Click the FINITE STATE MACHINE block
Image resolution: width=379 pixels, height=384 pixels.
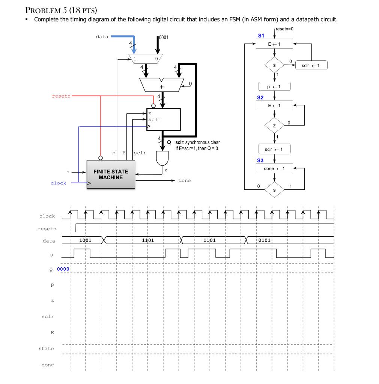(x=111, y=174)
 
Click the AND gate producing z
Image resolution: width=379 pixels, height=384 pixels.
(x=163, y=159)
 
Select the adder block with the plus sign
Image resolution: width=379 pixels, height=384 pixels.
(x=162, y=85)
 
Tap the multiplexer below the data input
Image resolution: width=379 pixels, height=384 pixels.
(x=146, y=58)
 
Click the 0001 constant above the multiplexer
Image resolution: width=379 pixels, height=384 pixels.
(x=164, y=37)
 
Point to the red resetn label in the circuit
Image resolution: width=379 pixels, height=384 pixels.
(x=61, y=96)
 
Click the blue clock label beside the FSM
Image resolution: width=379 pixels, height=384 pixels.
(x=58, y=183)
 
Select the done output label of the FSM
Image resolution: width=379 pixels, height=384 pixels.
(x=185, y=181)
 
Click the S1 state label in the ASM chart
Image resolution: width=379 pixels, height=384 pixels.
(x=261, y=36)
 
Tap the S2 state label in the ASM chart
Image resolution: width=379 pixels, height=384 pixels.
(x=260, y=97)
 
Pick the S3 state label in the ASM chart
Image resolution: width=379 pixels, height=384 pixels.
(x=260, y=160)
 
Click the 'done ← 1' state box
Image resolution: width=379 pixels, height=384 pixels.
(x=274, y=169)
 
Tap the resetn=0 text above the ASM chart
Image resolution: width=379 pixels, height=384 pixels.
(x=285, y=29)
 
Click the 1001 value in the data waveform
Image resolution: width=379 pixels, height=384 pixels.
(x=85, y=240)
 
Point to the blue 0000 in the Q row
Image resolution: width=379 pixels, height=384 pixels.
(x=63, y=269)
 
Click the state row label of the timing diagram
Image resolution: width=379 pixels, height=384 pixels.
(x=46, y=349)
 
